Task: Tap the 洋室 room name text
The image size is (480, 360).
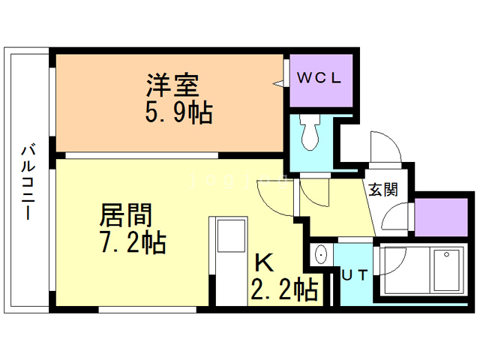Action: coord(172,83)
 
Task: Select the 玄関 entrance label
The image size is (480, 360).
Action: coord(382,190)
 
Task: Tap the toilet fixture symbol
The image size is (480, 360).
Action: coord(309,133)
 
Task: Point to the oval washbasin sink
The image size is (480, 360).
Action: coord(320,255)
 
